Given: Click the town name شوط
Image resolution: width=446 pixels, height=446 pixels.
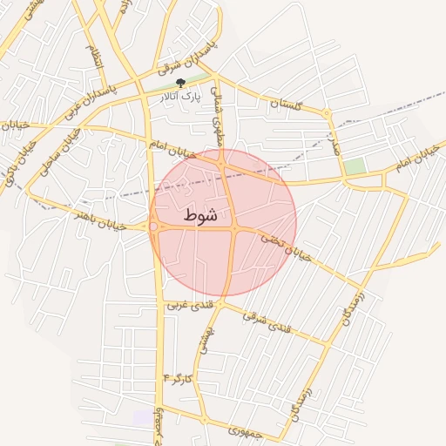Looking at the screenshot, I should click(200, 214).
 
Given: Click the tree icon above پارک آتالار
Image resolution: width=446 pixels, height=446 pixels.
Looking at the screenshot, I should click(180, 84).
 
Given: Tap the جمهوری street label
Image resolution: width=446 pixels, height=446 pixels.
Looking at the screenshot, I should click(245, 429).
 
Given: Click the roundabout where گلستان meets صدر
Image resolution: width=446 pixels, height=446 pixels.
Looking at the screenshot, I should click(328, 114).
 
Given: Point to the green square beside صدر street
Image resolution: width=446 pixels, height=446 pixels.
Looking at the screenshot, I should click(355, 166).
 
